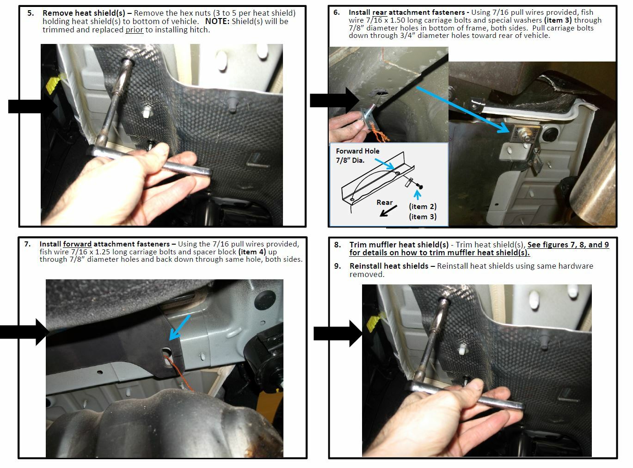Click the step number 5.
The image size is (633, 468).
pyautogui.click(x=31, y=13)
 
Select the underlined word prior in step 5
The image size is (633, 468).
pyautogui.click(x=134, y=30)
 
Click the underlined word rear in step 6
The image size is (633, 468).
pyautogui.click(x=379, y=12)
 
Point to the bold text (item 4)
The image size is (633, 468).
pyautogui.click(x=252, y=252)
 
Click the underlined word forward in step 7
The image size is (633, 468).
pyautogui.click(x=77, y=244)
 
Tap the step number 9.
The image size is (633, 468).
pyautogui.click(x=338, y=266)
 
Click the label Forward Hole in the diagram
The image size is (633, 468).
pyautogui.click(x=357, y=151)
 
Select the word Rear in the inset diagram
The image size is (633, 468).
pyautogui.click(x=384, y=203)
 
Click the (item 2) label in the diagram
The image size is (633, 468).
pyautogui.click(x=423, y=206)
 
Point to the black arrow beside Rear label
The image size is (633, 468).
pyautogui.click(x=388, y=211)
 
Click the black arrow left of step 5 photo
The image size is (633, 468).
pyautogui.click(x=32, y=106)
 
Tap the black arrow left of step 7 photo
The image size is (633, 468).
pyautogui.click(x=24, y=332)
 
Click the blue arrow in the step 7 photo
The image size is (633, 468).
pyautogui.click(x=179, y=327)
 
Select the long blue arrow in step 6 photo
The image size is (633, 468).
pyautogui.click(x=463, y=110)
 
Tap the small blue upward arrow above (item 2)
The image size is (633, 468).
pyautogui.click(x=418, y=195)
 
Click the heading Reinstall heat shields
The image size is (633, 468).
pyautogui.click(x=389, y=266)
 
